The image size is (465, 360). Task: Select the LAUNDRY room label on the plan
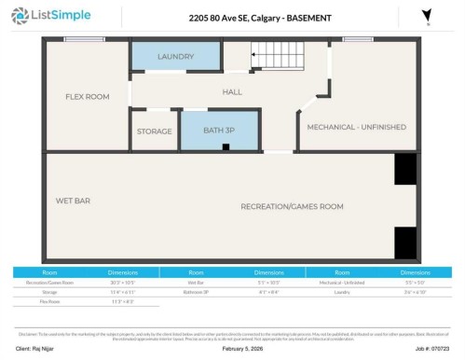pos(175,57)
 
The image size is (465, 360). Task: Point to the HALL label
pos(231,91)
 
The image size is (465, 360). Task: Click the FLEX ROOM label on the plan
pos(87,96)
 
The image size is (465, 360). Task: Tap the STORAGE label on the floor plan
pos(155,132)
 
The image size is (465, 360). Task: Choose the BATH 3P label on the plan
pos(220,132)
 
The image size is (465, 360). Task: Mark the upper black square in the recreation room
pos(404,169)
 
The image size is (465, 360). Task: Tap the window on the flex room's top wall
pos(84,39)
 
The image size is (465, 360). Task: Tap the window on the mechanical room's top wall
pos(356,39)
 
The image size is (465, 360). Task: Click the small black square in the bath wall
pos(225,147)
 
